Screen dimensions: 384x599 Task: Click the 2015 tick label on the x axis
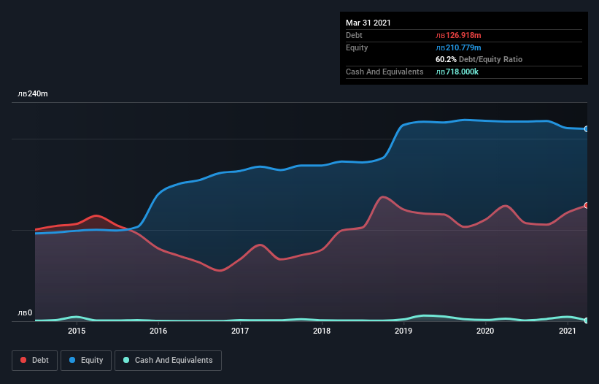click(77, 331)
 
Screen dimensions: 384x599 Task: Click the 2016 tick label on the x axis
click(158, 331)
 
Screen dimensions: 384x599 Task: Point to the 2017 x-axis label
click(240, 331)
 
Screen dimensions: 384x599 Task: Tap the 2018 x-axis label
click(322, 331)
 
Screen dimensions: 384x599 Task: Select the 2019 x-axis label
click(403, 331)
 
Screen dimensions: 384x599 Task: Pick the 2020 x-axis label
click(486, 331)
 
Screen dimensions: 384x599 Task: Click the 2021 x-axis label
click(568, 331)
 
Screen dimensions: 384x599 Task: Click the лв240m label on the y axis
click(33, 94)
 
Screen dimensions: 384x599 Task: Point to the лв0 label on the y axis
click(25, 313)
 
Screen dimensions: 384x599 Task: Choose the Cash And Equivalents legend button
click(168, 360)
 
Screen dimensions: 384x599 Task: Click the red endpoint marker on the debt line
click(586, 205)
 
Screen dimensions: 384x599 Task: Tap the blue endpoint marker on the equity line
click(586, 128)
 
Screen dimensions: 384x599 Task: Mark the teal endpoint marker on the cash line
click(586, 320)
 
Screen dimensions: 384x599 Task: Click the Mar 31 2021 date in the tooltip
click(368, 23)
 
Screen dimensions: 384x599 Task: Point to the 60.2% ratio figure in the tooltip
click(446, 59)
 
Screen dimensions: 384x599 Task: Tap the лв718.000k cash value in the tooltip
click(457, 72)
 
